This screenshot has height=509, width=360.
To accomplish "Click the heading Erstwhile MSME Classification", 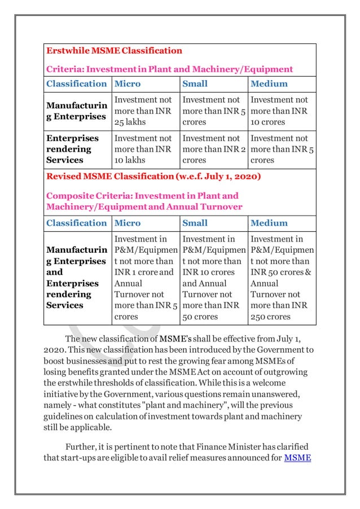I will click(114, 51).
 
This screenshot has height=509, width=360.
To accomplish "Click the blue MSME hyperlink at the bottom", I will click(297, 458).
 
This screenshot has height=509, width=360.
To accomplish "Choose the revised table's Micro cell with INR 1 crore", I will click(144, 278).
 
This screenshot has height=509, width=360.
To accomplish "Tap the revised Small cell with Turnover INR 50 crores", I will click(212, 278).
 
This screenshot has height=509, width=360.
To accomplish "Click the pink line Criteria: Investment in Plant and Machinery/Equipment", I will click(169, 69).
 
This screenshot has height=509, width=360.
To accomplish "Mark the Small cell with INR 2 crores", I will click(212, 149).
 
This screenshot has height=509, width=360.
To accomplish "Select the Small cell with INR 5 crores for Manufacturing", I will click(212, 111).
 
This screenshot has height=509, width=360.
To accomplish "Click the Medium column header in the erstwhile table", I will click(269, 84).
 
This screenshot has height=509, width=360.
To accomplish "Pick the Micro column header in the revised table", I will click(128, 223).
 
